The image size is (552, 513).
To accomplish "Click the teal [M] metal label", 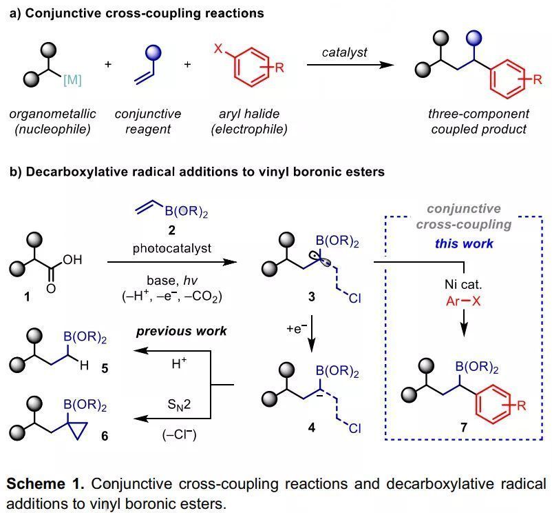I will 72,79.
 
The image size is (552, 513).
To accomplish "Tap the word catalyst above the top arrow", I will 345,52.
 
